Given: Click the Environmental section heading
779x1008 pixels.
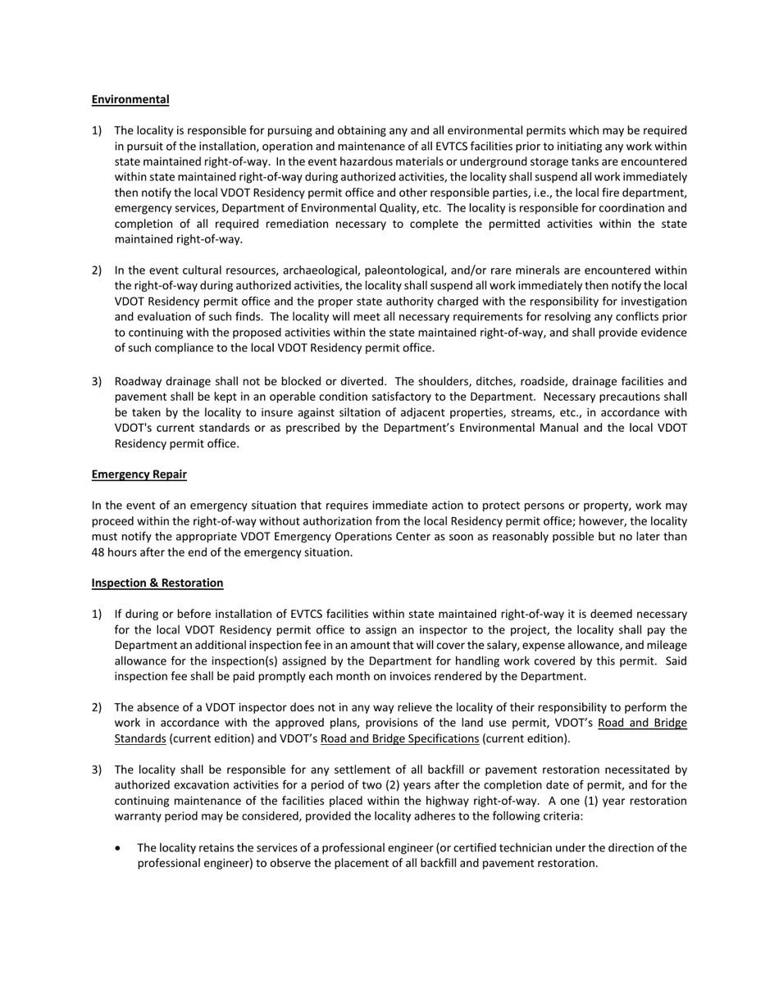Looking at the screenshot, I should click(x=130, y=99).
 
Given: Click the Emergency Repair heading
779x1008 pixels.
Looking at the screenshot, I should click(x=139, y=474).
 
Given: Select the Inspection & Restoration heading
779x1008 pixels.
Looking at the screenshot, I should click(x=157, y=583).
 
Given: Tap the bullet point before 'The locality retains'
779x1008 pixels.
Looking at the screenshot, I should click(x=120, y=848).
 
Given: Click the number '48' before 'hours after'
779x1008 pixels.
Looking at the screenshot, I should click(x=99, y=552).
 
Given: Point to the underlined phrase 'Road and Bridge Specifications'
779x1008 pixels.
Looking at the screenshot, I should click(x=399, y=738).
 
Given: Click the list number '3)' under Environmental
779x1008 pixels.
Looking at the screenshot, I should click(x=97, y=381).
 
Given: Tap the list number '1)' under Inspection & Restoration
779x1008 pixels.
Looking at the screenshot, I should click(x=97, y=614).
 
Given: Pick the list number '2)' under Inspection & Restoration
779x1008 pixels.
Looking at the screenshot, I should click(x=97, y=707).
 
